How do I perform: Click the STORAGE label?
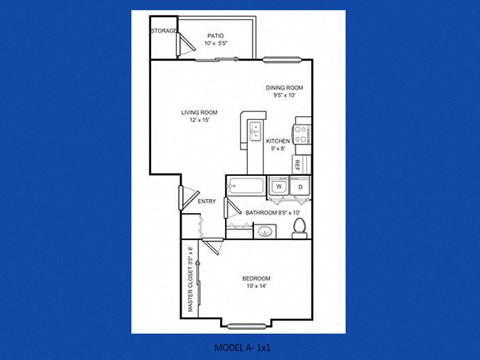[165, 31]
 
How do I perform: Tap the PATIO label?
[215, 36]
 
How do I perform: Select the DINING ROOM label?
[284, 88]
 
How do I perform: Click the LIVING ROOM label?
[200, 111]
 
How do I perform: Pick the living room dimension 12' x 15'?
[200, 120]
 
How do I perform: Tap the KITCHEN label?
[278, 141]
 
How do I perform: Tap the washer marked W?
[279, 187]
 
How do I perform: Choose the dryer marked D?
[300, 187]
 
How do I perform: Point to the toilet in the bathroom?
[298, 230]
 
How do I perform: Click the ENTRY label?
[207, 203]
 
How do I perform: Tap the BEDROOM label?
[256, 278]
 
